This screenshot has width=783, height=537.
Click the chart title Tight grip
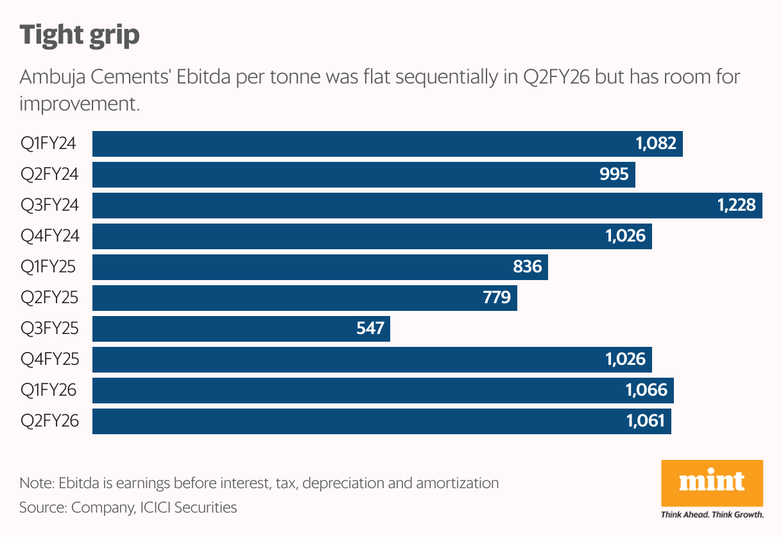(x=80, y=35)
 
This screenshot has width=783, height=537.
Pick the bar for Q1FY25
(x=308, y=267)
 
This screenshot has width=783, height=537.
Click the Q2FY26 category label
(x=50, y=421)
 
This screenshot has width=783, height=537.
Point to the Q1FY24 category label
(x=49, y=144)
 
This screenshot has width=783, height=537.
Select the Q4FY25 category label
(x=50, y=360)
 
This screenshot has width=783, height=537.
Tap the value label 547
(x=370, y=329)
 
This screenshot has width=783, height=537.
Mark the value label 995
(x=614, y=175)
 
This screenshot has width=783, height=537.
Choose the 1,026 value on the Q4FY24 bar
(x=625, y=236)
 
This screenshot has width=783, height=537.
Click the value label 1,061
(x=646, y=421)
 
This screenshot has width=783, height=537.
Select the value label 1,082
(x=656, y=144)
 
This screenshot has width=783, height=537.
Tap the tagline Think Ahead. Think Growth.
(x=712, y=515)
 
